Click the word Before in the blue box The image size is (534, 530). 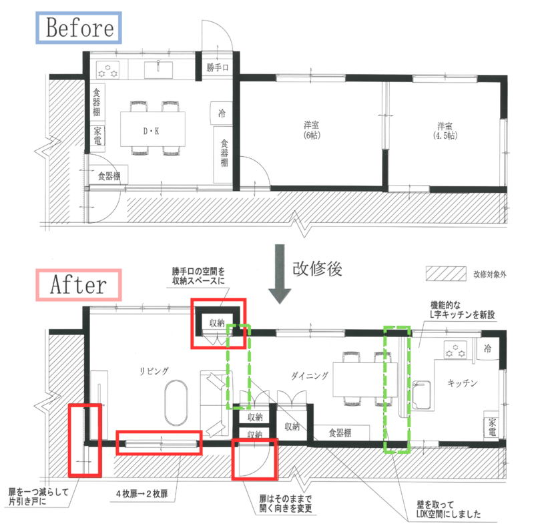[x=80, y=27]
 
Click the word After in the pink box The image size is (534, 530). [x=78, y=285]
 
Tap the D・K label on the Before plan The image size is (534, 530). [x=152, y=131]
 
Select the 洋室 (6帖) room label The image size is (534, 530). [x=312, y=130]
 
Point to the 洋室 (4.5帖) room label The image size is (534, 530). [x=445, y=131]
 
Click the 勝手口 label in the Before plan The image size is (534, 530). [x=218, y=67]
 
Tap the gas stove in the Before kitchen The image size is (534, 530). [x=107, y=70]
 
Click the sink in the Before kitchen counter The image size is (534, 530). [x=158, y=70]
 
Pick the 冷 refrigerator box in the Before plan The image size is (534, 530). [x=222, y=113]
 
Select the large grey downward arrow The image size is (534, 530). [x=280, y=274]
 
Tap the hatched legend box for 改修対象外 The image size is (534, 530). [x=446, y=274]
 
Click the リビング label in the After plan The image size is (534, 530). [x=154, y=371]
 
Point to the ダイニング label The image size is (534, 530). [x=310, y=376]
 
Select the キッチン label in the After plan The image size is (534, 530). [x=462, y=383]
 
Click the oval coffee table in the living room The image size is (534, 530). [x=176, y=403]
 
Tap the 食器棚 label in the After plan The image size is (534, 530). [x=340, y=433]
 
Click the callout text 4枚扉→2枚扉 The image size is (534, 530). [x=142, y=493]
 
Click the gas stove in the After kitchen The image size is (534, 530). [x=455, y=350]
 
